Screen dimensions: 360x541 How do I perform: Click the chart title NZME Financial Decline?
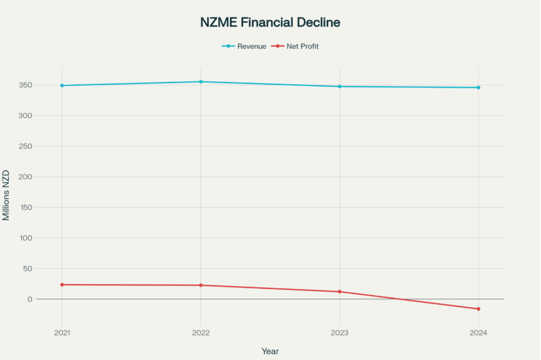click(x=270, y=23)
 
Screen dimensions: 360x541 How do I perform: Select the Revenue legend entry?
click(x=244, y=46)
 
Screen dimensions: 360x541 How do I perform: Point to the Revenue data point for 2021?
click(x=62, y=85)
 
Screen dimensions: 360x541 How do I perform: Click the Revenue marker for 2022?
click(x=201, y=82)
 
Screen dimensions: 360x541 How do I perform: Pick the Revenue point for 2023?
click(x=340, y=86)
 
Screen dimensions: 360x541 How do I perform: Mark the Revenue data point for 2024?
click(x=478, y=88)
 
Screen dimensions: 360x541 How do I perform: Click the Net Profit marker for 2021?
click(x=62, y=284)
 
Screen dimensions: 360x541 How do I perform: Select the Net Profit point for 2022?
click(x=201, y=285)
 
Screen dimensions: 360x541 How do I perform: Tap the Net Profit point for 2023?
click(x=340, y=292)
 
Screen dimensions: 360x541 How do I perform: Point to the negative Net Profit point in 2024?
click(x=478, y=309)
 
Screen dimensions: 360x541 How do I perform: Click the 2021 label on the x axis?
click(x=62, y=333)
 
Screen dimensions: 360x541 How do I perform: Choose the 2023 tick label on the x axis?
click(x=340, y=333)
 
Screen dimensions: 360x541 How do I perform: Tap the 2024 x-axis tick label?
click(x=478, y=333)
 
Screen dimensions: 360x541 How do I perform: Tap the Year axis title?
click(x=270, y=351)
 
